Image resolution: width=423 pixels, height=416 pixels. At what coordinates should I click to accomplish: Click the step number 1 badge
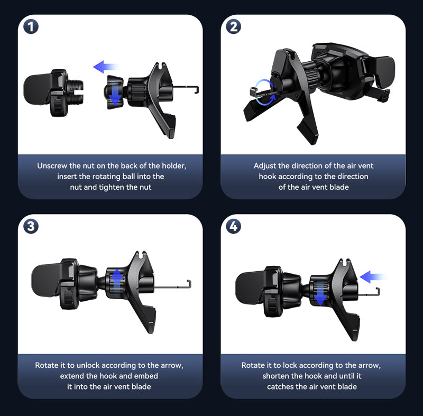tap(31, 26)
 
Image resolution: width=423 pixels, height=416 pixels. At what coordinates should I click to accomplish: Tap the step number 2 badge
tap(233, 26)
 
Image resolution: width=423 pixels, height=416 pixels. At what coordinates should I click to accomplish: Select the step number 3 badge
tap(31, 226)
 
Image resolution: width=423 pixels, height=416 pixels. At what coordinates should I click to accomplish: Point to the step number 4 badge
tap(233, 226)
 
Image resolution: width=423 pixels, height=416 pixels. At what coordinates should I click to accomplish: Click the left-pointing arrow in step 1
tap(105, 67)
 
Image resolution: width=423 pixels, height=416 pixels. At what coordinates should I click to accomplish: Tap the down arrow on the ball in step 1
tap(115, 95)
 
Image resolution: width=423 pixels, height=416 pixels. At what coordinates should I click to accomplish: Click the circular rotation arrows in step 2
tap(265, 92)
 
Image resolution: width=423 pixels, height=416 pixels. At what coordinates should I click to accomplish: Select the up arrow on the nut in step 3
tap(117, 280)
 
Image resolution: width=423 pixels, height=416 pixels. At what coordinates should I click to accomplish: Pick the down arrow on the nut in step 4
tap(320, 294)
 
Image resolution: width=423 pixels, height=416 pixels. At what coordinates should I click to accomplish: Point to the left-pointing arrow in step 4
tap(373, 277)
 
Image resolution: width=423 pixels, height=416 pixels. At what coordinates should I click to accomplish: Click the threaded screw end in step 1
tap(76, 92)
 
